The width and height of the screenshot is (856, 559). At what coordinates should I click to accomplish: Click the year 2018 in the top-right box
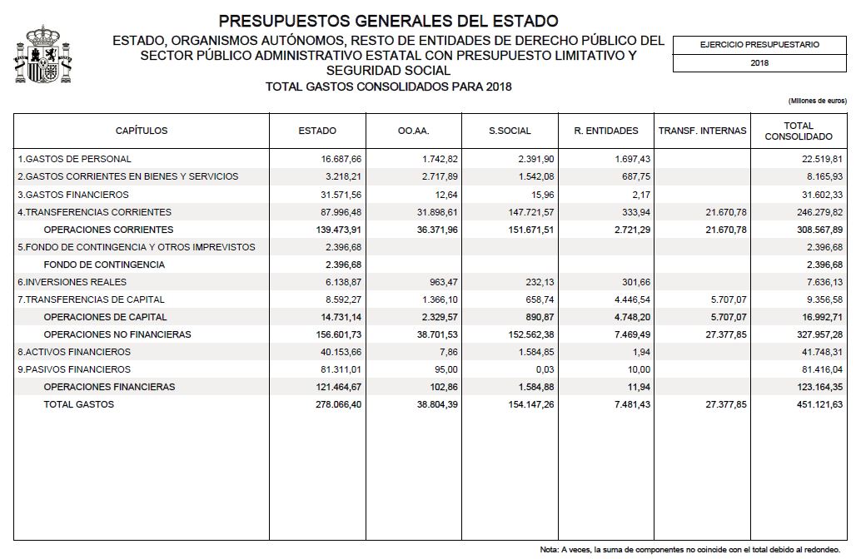pos(759,62)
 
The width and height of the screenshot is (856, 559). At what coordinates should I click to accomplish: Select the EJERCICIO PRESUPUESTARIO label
pos(759,44)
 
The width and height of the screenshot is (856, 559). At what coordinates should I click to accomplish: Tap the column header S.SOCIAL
pos(510,131)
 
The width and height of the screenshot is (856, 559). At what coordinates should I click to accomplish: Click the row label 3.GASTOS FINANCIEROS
pos(68,194)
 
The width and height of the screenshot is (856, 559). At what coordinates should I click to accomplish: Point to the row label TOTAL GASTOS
pos(79,405)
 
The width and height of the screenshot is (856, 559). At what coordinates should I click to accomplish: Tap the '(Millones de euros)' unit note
pos(817,101)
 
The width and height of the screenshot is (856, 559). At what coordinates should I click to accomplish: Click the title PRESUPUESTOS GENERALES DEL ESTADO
pos(388,20)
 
